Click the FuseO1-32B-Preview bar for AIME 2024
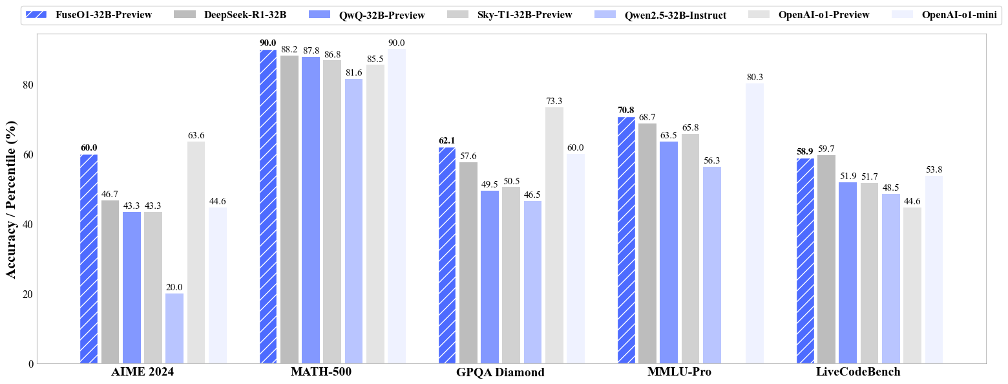[x=89, y=259]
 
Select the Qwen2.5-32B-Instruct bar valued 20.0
[x=174, y=328]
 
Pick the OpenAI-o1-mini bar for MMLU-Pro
[x=755, y=223]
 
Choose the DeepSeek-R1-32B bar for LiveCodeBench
[x=826, y=259]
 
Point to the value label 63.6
[x=196, y=136]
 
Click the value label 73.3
[x=554, y=101]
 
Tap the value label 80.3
[x=755, y=78]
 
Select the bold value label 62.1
[x=447, y=141]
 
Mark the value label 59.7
[x=826, y=149]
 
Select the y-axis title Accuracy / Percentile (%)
[x=11, y=198]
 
